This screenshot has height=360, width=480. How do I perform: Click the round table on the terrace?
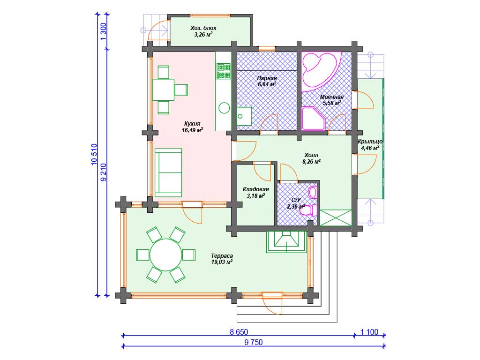tap(165, 255)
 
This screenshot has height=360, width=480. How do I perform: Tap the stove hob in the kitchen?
tap(224, 71)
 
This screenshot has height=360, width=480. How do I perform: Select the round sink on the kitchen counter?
tap(224, 108)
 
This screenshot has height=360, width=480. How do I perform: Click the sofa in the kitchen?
tap(168, 172)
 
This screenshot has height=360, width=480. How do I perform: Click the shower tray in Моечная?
tap(313, 119)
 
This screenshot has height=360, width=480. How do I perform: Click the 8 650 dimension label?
tap(239, 332)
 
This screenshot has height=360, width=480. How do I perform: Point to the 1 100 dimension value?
tap(369, 332)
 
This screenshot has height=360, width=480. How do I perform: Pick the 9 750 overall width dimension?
tap(254, 342)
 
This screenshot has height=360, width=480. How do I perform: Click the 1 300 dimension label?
tap(104, 31)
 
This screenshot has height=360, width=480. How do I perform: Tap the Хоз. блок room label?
tap(203, 28)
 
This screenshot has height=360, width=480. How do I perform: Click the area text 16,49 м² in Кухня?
tap(192, 130)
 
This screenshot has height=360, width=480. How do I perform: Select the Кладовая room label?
tap(255, 189)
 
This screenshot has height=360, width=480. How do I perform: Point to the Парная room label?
tap(267, 78)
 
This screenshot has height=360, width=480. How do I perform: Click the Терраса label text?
tap(222, 255)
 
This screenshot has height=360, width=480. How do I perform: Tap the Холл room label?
tap(311, 155)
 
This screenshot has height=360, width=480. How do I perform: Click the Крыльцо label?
tap(370, 142)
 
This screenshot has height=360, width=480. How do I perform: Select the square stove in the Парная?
tap(244, 116)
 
